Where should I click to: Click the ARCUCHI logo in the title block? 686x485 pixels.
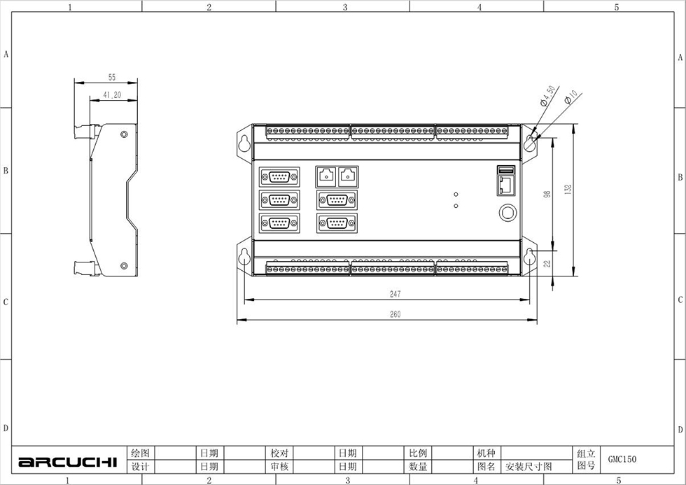[68, 462]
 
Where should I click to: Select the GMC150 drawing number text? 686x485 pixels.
[622, 459]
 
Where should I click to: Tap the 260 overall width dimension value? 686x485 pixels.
[395, 314]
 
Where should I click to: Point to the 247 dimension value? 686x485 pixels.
[395, 294]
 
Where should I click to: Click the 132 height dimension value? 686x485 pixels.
[568, 190]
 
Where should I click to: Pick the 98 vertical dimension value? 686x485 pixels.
[547, 194]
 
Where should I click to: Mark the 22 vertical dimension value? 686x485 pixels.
[547, 263]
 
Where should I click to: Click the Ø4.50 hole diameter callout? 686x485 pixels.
[547, 96]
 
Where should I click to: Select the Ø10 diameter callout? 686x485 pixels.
[571, 97]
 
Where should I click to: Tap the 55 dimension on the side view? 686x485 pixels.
[112, 78]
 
